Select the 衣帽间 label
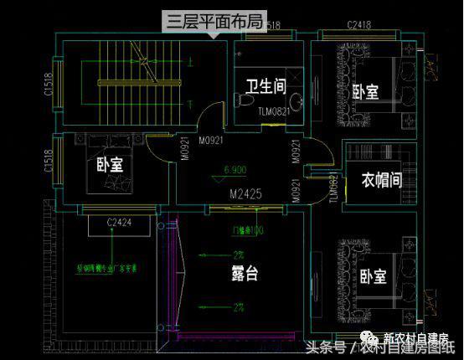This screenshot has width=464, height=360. [x=381, y=180]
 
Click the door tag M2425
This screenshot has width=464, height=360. [x=246, y=193]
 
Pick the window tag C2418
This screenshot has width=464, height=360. [x=359, y=26]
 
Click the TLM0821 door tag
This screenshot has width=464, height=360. [x=274, y=111]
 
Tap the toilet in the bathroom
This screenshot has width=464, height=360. [x=244, y=100]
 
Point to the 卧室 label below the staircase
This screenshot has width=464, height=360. [x=110, y=165]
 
